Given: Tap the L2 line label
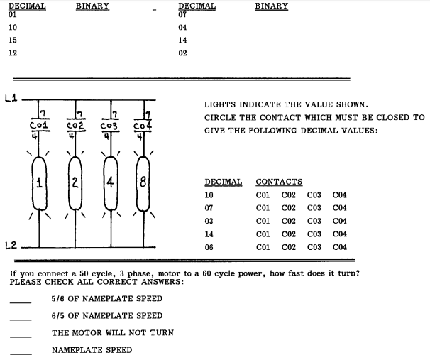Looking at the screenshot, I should pyautogui.click(x=9, y=246).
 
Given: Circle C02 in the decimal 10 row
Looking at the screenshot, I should pyautogui.click(x=289, y=195).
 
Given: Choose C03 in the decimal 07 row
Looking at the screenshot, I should pyautogui.click(x=314, y=208).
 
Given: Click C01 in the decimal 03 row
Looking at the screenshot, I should pyautogui.click(x=263, y=221).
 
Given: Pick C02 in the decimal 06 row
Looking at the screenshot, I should pyautogui.click(x=289, y=246).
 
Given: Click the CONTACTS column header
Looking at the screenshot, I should pyautogui.click(x=279, y=182).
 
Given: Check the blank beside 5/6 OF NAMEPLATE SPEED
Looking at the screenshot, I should pyautogui.click(x=21, y=302).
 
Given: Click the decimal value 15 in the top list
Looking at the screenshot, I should pyautogui.click(x=13, y=40).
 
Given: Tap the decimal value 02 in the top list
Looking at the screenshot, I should pyautogui.click(x=182, y=53).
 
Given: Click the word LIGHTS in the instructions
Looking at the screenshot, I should pyautogui.click(x=220, y=105).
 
